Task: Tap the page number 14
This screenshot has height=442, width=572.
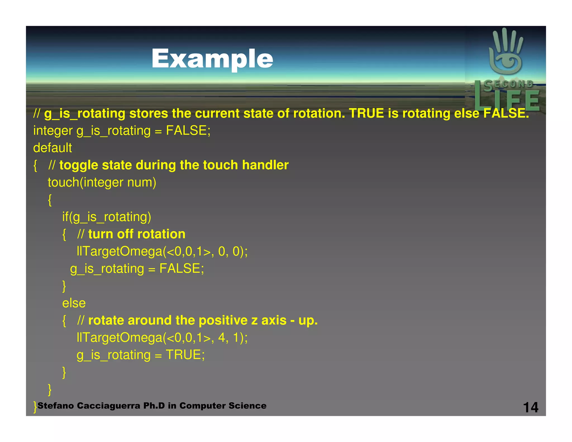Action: point(530,407)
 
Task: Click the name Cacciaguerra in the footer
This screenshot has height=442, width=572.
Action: point(108,406)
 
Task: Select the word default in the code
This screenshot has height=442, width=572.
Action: point(53,148)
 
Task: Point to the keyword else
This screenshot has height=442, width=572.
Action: point(74,303)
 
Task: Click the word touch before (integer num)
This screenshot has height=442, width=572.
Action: point(63,182)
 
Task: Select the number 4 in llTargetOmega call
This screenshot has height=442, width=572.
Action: point(221,338)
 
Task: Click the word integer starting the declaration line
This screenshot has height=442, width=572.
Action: point(53,131)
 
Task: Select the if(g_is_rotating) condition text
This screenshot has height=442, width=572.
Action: point(106,217)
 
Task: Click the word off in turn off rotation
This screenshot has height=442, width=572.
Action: point(125,234)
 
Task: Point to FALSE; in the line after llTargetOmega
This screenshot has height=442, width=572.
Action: point(182,268)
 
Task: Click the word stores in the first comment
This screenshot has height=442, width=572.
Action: point(148,113)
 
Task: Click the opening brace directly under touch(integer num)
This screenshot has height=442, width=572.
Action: point(50,200)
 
